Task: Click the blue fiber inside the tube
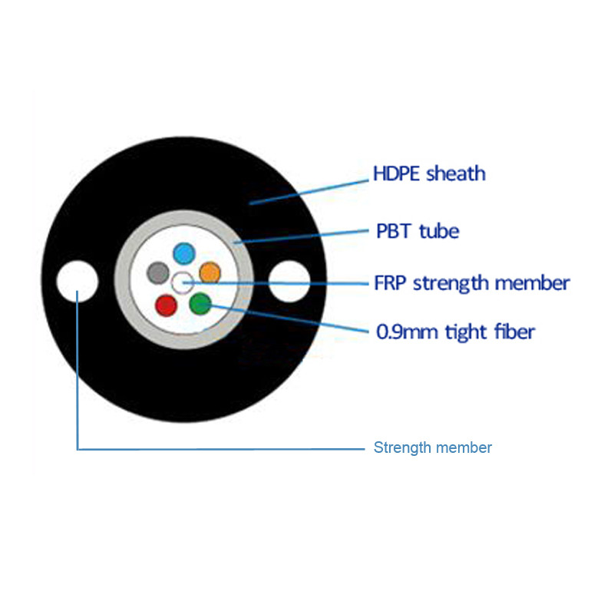click(183, 253)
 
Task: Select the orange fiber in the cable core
click(210, 272)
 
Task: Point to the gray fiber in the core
click(157, 272)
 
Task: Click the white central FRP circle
click(183, 283)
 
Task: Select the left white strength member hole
click(78, 282)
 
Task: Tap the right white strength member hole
click(289, 282)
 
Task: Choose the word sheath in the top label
click(457, 173)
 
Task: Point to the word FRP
click(390, 282)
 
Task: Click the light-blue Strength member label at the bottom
click(432, 447)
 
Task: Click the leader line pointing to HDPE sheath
click(307, 192)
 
